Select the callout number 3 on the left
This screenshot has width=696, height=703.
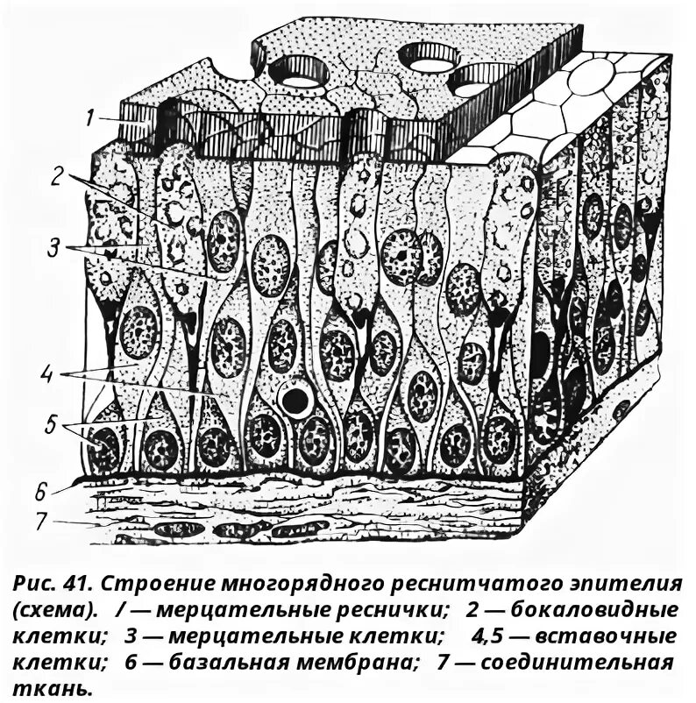53,248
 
